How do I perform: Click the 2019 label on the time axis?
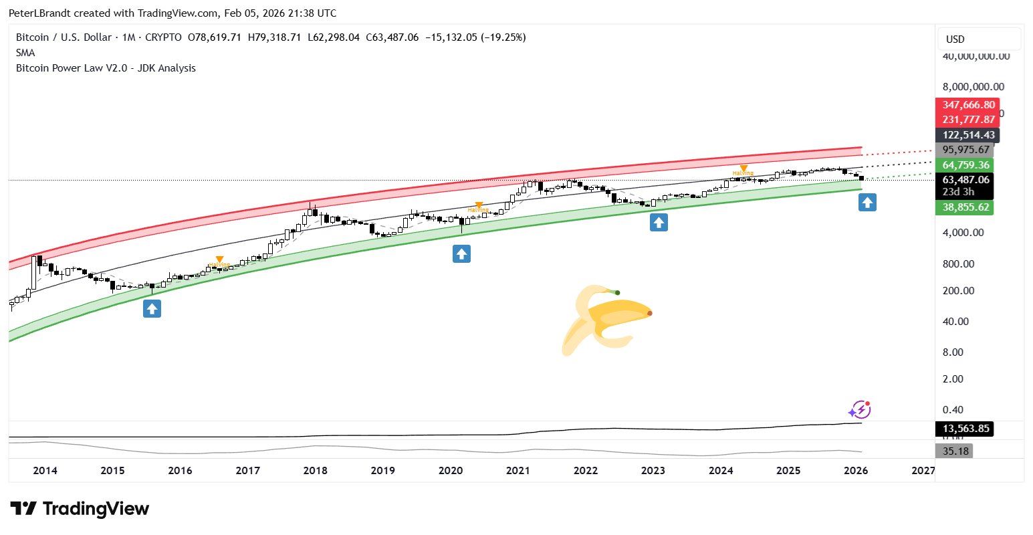tap(382, 471)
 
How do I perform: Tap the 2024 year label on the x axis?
tap(721, 471)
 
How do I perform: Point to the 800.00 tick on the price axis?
tap(963, 264)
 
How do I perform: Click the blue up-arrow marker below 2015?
tap(152, 308)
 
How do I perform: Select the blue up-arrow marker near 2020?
tap(461, 253)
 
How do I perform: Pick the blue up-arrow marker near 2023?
tap(659, 223)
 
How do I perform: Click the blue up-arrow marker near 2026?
tap(867, 202)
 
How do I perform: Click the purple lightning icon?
tap(860, 409)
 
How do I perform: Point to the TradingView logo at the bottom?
tap(80, 509)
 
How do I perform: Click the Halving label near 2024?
tap(742, 173)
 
